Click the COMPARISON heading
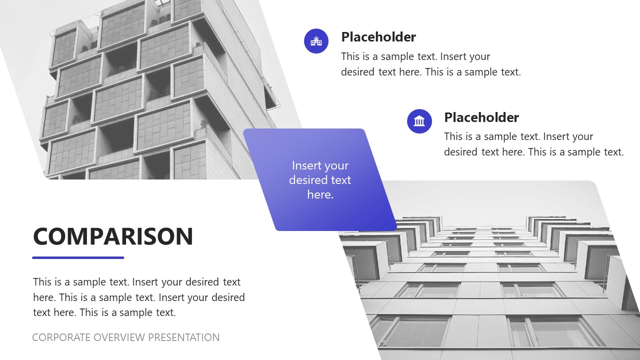[x=113, y=236]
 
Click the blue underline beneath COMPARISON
[x=78, y=258]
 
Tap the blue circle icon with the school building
[x=316, y=41]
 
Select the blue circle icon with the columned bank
[x=419, y=121]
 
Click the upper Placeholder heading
[x=378, y=37]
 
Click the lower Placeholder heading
[x=481, y=117]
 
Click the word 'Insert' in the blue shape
[x=306, y=165]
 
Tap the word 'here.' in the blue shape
[x=320, y=194]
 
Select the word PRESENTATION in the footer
[x=183, y=337]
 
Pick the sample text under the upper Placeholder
[x=430, y=64]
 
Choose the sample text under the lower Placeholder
[x=533, y=144]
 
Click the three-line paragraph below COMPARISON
[x=138, y=297]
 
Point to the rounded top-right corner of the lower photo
[x=591, y=186]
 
